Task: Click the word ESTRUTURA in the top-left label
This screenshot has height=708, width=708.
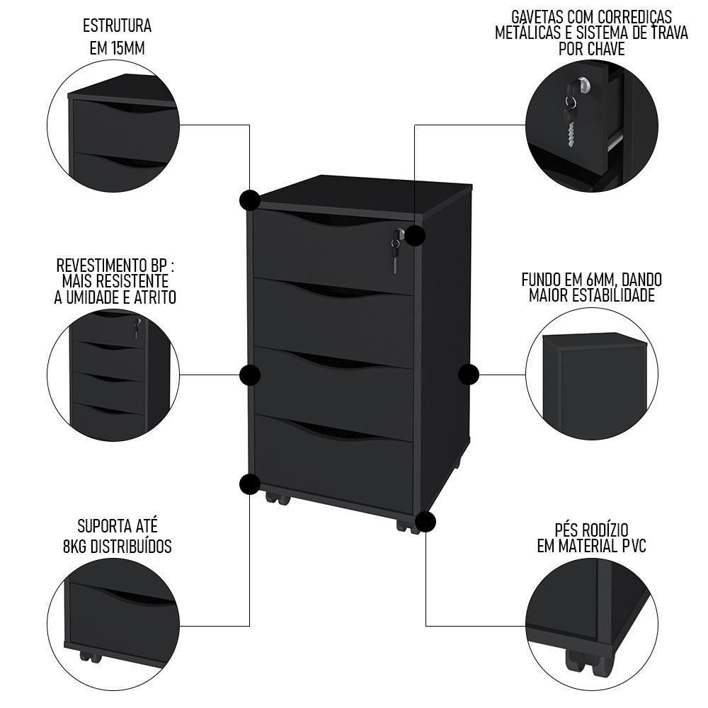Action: click(117, 27)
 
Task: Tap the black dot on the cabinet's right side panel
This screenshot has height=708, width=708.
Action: click(469, 375)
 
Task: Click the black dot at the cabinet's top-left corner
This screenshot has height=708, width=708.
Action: click(250, 200)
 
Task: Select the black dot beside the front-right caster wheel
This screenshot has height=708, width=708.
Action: click(426, 522)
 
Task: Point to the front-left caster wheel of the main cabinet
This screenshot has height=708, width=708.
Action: click(277, 498)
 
